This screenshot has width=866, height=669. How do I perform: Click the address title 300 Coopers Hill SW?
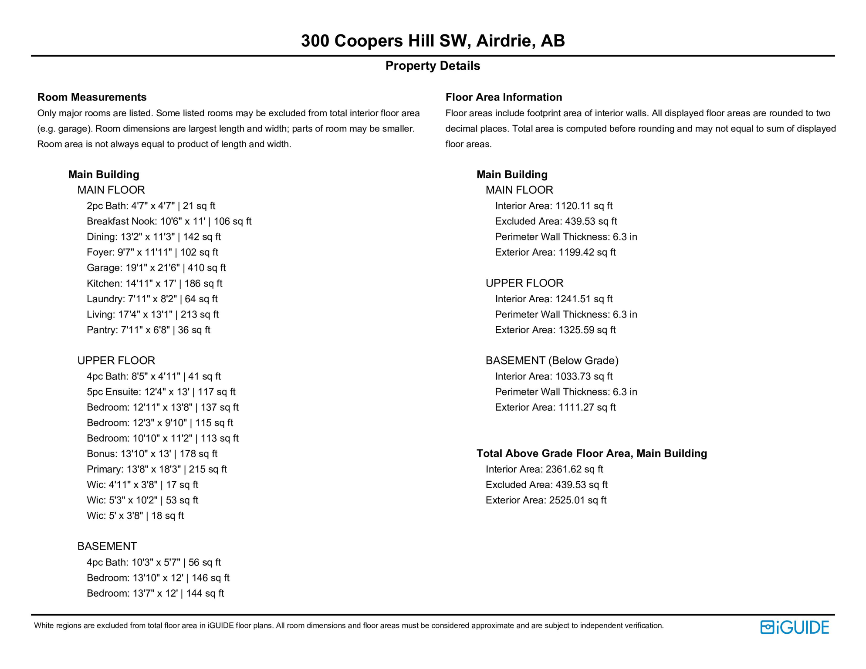tap(433, 41)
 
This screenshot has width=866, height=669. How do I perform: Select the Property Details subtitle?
tap(433, 66)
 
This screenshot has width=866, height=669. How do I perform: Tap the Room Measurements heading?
tap(92, 97)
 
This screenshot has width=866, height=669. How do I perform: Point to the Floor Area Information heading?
tap(504, 97)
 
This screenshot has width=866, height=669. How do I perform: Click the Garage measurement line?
tap(156, 268)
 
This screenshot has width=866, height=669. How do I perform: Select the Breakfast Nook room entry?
tap(169, 221)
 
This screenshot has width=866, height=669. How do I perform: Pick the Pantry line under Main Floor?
tap(148, 330)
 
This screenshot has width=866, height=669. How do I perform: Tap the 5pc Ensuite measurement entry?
tap(161, 392)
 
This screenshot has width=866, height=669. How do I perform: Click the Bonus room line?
tap(152, 453)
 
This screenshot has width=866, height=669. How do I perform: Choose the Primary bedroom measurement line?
tap(156, 469)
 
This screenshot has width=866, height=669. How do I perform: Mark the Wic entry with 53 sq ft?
tap(142, 500)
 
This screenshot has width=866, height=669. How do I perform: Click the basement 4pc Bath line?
tap(153, 562)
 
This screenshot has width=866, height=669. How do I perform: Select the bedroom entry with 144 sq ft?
tap(155, 593)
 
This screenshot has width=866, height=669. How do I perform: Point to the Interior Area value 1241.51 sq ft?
tap(553, 299)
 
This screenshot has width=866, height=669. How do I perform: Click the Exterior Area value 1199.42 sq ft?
tap(555, 252)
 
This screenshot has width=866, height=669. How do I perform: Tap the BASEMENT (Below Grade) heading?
tap(552, 361)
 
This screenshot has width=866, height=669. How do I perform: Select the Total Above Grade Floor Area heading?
tap(592, 453)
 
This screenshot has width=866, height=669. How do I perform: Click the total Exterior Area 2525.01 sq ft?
tap(546, 500)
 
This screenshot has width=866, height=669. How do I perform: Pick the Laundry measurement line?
tap(152, 299)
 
